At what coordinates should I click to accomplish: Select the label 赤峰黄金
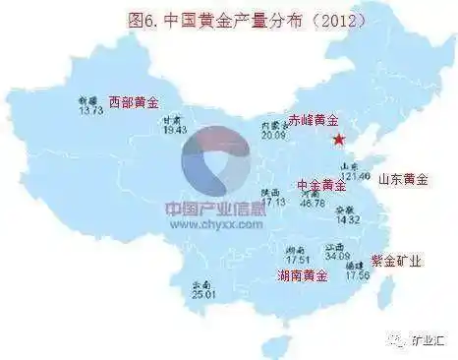314,119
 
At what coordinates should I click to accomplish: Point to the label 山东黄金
404,179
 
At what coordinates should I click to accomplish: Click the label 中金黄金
320,184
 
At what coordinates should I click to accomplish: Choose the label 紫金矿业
396,261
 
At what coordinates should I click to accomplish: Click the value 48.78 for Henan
314,204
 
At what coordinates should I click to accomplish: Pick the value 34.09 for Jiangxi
338,256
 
